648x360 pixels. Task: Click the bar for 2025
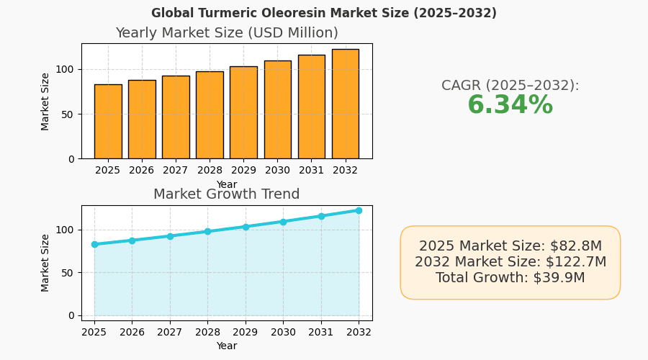pyautogui.click(x=108, y=122)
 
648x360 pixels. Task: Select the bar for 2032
pyautogui.click(x=346, y=104)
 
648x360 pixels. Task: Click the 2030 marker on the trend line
pyautogui.click(x=283, y=222)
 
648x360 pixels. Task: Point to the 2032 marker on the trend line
pyautogui.click(x=359, y=210)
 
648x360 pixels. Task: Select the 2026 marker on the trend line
pyautogui.click(x=132, y=240)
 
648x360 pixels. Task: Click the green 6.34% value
pyautogui.click(x=510, y=106)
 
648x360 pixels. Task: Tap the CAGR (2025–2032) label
pyautogui.click(x=510, y=85)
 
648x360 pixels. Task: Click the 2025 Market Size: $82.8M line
pyautogui.click(x=510, y=246)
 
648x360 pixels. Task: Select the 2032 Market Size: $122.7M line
pyautogui.click(x=510, y=262)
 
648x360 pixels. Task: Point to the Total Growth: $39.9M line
pyautogui.click(x=510, y=278)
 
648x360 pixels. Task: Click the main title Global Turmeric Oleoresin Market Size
pyautogui.click(x=324, y=13)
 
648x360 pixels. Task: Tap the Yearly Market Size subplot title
pyautogui.click(x=227, y=33)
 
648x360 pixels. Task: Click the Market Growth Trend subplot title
pyautogui.click(x=227, y=194)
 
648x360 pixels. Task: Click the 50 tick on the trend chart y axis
pyautogui.click(x=69, y=273)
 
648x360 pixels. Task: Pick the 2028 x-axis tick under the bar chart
pyautogui.click(x=210, y=170)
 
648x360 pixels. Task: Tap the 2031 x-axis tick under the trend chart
pyautogui.click(x=321, y=332)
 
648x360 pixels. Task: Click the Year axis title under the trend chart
pyautogui.click(x=227, y=346)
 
